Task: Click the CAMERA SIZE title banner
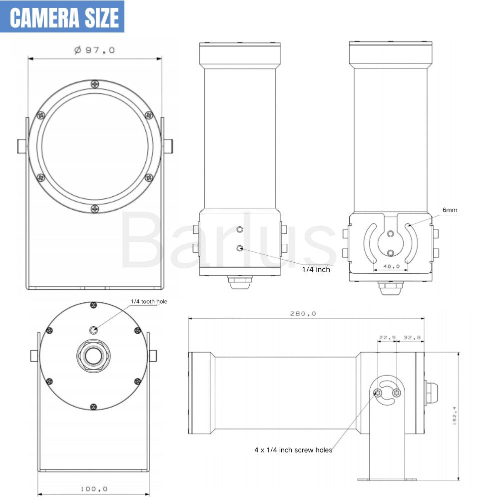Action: [62, 16]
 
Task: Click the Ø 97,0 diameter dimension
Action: [94, 50]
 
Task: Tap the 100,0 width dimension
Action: [94, 489]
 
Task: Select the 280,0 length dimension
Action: [303, 314]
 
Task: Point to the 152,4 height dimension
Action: [455, 416]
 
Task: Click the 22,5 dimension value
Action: [387, 337]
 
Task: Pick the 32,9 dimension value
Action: [412, 337]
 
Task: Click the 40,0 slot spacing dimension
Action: [391, 266]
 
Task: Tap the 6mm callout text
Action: [450, 210]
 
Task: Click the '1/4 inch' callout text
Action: [316, 269]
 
